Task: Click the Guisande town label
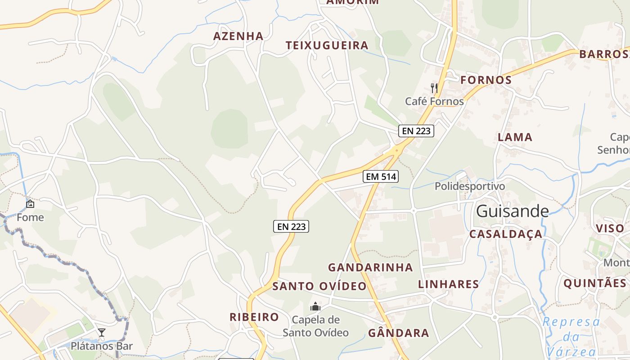512,211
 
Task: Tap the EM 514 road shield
381,177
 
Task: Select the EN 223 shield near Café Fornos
416,131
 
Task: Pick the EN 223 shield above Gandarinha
291,226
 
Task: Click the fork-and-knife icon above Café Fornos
434,88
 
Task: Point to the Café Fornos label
434,101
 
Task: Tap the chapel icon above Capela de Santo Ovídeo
315,307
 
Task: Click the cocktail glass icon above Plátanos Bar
102,333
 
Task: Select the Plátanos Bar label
102,346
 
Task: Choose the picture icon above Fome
30,204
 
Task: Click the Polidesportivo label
470,186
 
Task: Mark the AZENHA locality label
238,36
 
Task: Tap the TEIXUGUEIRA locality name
327,45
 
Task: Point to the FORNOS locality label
486,80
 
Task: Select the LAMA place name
515,137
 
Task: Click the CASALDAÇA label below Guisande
506,234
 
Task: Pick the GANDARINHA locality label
370,267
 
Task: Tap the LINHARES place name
448,284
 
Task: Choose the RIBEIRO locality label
254,317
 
